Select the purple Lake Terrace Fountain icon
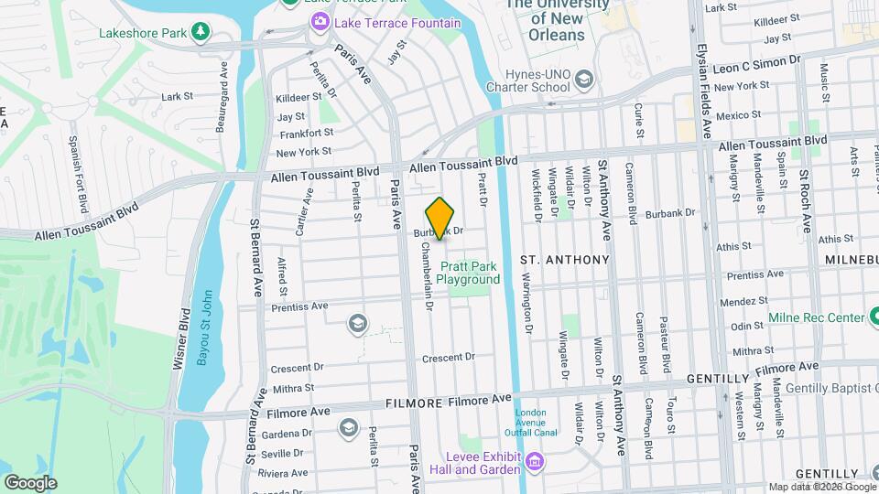tap(320, 21)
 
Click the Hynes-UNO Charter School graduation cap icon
tap(583, 81)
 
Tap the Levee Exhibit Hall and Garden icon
tap(532, 464)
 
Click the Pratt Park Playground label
tap(468, 273)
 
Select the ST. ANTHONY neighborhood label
tap(564, 260)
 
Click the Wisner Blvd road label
tap(181, 338)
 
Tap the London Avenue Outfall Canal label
tap(531, 423)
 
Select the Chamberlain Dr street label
tap(427, 276)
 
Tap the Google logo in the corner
tap(29, 483)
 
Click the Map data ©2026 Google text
tap(822, 487)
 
